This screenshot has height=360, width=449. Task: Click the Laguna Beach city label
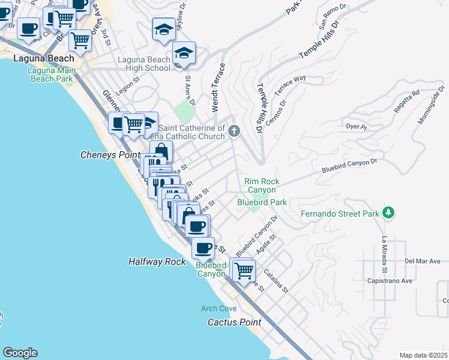tap(44, 59)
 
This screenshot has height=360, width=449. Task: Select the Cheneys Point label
tap(106, 155)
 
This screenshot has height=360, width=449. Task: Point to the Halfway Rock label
tap(157, 262)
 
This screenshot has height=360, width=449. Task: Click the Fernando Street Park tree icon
tap(388, 212)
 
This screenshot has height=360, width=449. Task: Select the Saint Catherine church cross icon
tap(234, 131)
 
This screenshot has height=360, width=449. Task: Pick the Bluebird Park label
tap(262, 203)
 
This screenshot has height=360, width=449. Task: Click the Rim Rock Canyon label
tap(262, 186)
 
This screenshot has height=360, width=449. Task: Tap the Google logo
tap(20, 353)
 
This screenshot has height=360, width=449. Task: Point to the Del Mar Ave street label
tap(422, 261)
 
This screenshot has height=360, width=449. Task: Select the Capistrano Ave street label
tap(390, 280)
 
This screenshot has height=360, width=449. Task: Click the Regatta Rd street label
tap(408, 98)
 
